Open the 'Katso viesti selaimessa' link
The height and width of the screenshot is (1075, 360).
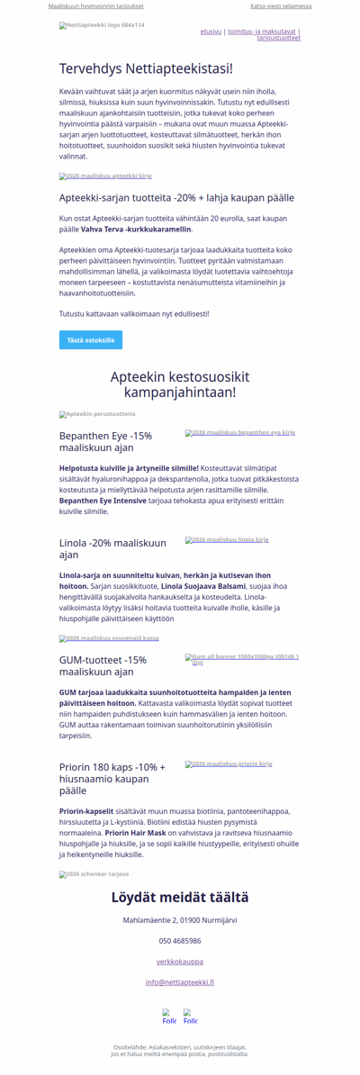(281, 6)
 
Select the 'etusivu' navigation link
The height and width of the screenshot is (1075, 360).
(211, 32)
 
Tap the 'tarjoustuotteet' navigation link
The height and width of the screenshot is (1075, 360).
(278, 39)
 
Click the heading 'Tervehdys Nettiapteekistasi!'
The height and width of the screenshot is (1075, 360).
(146, 68)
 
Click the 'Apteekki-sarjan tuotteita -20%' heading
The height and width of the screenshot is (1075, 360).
(176, 197)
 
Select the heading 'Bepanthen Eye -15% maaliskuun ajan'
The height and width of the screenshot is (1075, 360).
(106, 441)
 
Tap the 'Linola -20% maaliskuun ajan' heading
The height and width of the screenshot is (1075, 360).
(112, 548)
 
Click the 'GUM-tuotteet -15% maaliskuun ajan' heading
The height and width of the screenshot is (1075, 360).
(103, 665)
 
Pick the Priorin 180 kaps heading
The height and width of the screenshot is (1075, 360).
(112, 779)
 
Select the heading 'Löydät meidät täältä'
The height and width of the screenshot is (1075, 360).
(180, 897)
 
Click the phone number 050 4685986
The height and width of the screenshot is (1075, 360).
(180, 941)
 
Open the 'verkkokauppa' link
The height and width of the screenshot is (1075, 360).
(180, 962)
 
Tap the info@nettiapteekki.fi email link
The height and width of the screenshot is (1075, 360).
(180, 982)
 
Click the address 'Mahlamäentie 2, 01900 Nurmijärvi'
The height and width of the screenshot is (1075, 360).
(180, 920)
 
